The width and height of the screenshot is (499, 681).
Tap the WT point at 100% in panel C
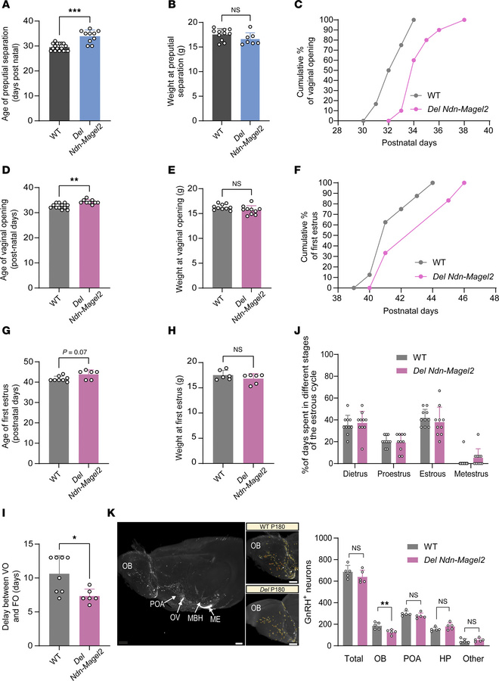click(414, 20)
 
